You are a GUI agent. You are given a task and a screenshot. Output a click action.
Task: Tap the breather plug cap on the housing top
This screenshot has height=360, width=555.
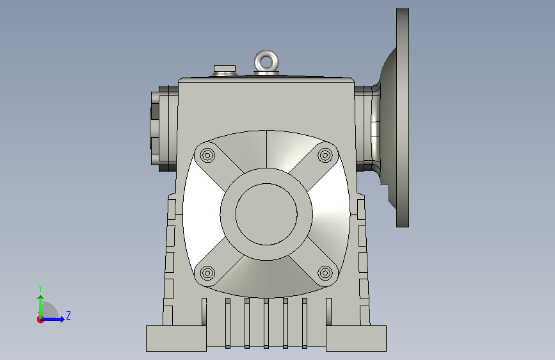point(225,69)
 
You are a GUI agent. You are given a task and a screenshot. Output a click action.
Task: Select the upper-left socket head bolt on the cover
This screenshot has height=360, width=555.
point(207,155)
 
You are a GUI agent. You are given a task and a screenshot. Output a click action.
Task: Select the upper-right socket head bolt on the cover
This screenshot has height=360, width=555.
point(325,155)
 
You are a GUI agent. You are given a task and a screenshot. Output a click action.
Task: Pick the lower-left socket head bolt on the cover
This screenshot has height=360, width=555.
point(207,273)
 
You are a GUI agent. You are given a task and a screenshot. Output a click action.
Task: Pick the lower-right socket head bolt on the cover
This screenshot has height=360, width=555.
point(325,273)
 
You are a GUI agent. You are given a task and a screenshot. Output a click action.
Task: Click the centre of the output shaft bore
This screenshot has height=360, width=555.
point(266,214)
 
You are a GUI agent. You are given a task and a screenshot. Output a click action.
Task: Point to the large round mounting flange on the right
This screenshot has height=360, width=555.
point(403,118)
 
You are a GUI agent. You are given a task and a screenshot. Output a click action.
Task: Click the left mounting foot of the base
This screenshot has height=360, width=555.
point(176,338)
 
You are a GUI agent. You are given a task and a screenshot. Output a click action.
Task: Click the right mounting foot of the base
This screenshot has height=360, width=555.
point(356,338)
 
